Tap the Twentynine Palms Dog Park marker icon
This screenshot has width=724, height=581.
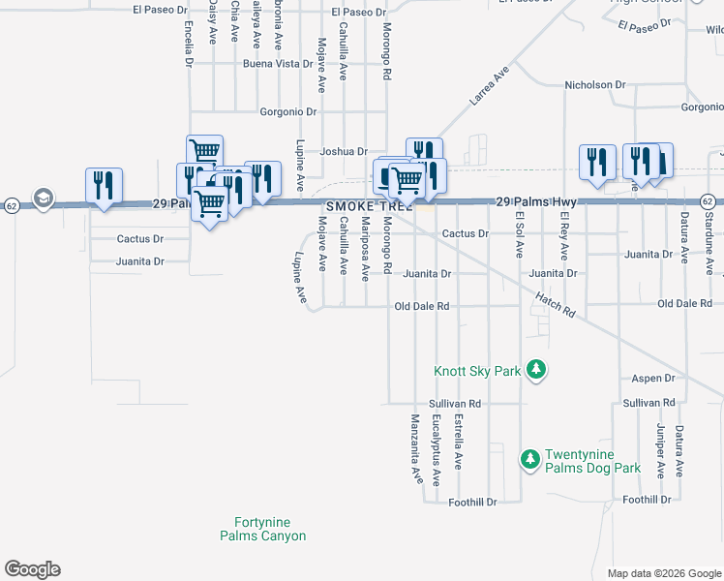(530, 459)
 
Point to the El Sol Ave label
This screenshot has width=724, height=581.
(520, 234)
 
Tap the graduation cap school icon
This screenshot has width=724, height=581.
(43, 199)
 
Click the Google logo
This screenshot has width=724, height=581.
(32, 569)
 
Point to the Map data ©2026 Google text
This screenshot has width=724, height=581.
(663, 573)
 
